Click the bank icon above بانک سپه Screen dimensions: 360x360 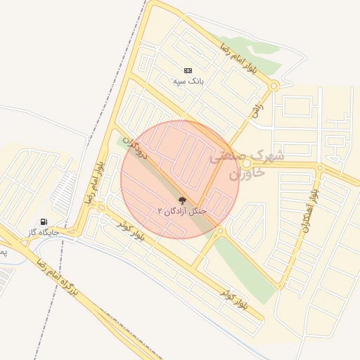pos(188,70)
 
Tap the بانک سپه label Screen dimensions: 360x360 pos(188,82)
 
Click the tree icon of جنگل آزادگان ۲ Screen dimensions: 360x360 pos(183,201)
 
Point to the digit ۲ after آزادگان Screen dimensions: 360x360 pos(160,211)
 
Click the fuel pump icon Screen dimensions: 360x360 pos(44,221)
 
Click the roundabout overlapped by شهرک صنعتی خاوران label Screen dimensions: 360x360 pos(247,165)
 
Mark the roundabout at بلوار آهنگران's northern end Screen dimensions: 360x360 pos(319,169)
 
